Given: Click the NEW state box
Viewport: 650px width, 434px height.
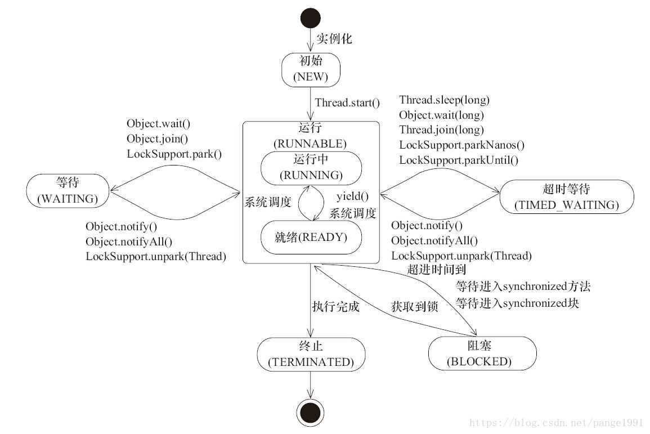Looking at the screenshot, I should (x=311, y=69).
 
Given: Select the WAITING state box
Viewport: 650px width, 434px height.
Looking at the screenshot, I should (x=67, y=190).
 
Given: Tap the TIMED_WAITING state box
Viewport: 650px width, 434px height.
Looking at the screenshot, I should (x=566, y=196).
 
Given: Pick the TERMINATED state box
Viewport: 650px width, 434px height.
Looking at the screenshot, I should (x=311, y=354).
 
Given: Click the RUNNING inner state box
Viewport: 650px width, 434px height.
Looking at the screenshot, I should (x=311, y=167).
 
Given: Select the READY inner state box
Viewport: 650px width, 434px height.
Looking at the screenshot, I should (x=311, y=237).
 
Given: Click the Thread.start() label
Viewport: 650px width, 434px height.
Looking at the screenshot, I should (x=347, y=103).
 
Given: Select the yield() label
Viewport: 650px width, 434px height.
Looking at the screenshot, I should (x=352, y=196).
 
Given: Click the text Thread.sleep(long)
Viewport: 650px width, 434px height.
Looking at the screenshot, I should (x=444, y=100).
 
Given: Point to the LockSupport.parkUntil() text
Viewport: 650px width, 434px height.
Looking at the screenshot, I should (x=459, y=160).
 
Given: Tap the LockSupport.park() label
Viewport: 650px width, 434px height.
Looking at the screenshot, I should (x=174, y=153).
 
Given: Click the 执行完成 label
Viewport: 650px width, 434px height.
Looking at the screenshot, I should (x=335, y=307).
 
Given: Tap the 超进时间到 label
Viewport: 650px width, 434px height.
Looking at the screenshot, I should (x=437, y=270).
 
